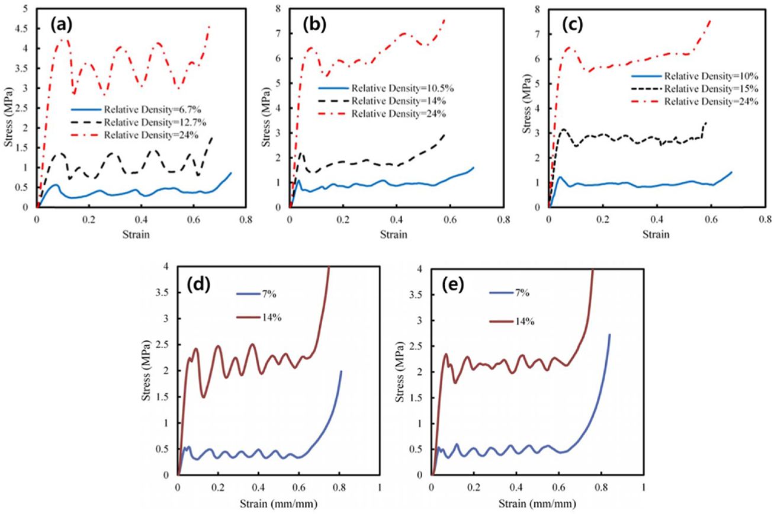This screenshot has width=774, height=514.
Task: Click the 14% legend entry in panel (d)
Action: pyautogui.click(x=270, y=317)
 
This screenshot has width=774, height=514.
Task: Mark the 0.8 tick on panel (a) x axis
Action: pyautogui.click(x=245, y=219)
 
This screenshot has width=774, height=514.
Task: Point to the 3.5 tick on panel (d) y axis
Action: pyautogui.click(x=163, y=293)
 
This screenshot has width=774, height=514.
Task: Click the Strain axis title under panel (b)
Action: pyautogui.click(x=396, y=234)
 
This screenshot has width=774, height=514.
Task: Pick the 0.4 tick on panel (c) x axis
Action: pyautogui.click(x=656, y=219)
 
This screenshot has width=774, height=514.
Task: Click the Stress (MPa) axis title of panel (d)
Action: pyautogui.click(x=146, y=371)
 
